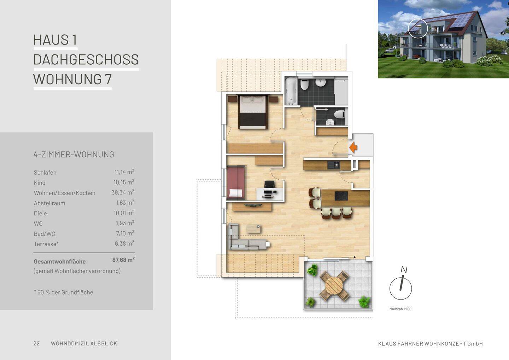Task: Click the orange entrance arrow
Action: (353, 147)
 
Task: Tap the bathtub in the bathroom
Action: (291, 91)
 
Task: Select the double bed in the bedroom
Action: (252, 111)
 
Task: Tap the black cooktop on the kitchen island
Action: (341, 196)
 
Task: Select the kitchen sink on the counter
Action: (333, 165)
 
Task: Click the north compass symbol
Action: (400, 288)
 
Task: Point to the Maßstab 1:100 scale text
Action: (400, 309)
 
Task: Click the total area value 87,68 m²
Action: (123, 260)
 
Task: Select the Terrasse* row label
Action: (46, 244)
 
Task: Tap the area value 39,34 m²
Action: (123, 193)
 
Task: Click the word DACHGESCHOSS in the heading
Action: (86, 59)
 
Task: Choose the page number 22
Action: (36, 343)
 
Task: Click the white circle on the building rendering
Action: (418, 28)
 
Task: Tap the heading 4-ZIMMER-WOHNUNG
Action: (74, 155)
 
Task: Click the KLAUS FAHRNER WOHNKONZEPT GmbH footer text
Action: (430, 344)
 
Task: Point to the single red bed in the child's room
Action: (236, 183)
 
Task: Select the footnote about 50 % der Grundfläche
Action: (64, 292)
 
